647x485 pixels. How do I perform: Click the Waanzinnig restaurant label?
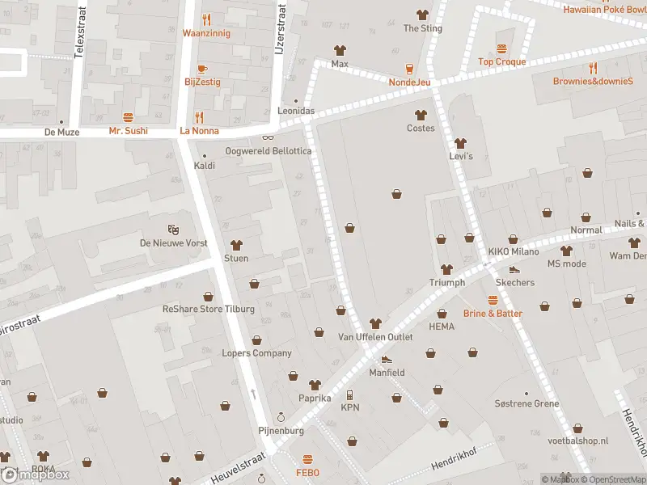click(206, 33)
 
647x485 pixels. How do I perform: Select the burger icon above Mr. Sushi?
click(128, 117)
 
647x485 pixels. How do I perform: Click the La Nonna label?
click(199, 130)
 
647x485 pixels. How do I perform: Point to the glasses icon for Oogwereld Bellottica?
click(267, 137)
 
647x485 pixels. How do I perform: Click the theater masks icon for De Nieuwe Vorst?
click(171, 230)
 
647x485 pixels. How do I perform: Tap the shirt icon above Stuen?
click(236, 245)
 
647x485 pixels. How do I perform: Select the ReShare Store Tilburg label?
click(209, 309)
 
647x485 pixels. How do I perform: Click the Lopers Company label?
click(256, 352)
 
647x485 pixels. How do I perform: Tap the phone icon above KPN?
click(349, 395)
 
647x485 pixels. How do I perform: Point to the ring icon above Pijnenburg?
click(281, 417)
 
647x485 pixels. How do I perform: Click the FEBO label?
click(307, 473)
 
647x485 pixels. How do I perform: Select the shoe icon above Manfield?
click(387, 360)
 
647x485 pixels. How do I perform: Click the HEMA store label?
click(442, 327)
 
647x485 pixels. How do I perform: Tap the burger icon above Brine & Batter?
click(493, 300)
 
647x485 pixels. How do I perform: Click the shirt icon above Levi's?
click(460, 142)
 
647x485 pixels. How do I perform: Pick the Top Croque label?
click(501, 61)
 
